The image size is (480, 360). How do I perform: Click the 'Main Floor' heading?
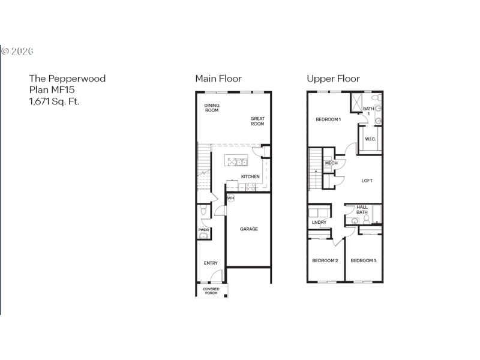pos(218,79)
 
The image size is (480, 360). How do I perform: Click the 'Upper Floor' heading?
pos(333,79)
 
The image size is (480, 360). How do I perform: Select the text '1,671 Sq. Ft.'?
pos(54,101)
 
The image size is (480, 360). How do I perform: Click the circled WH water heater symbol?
pos(230,198)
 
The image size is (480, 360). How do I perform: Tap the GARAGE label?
pos(249,229)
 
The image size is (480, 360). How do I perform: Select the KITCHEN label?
pos(250,176)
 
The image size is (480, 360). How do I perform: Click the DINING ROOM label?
pos(212,108)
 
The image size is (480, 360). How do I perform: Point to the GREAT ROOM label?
pos(257,121)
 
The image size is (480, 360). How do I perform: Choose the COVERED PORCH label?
pos(211,292)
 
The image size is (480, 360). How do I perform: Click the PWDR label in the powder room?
pos(203,229)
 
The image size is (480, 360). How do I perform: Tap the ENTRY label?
pos(211,263)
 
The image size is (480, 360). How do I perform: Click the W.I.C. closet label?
pos(370,140)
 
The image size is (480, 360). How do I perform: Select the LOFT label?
pos(367,181)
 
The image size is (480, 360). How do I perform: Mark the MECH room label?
pos(331,163)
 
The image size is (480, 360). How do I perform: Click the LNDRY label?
pos(319,223)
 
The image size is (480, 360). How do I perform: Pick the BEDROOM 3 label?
pos(364,260)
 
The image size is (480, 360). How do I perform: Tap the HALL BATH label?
pos(362,209)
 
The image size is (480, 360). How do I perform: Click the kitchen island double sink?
pos(241,161)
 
